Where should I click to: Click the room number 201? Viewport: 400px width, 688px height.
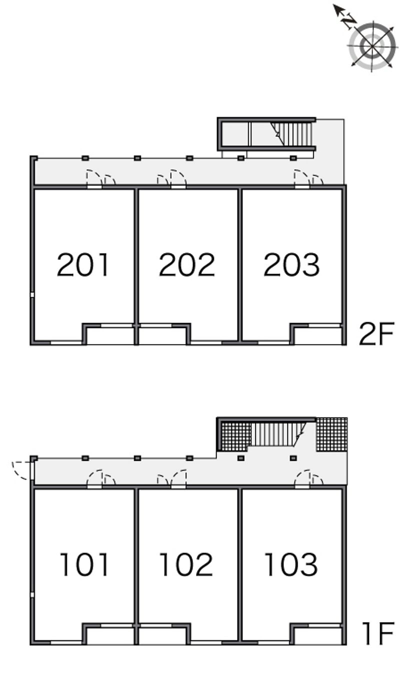pos(83,264)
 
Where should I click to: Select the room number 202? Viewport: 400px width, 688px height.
pos(187,264)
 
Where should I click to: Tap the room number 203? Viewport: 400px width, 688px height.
pos(291,264)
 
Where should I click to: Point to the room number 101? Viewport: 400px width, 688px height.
pos(84,564)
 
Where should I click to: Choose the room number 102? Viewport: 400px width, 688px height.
pos(186,564)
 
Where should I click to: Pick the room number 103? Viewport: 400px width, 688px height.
pos(291,564)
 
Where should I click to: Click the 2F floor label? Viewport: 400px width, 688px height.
pos(376,333)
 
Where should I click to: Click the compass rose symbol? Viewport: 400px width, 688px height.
pos(372,46)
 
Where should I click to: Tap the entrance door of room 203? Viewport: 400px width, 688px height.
pos(302,178)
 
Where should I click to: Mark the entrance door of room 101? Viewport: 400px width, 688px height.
pos(94,478)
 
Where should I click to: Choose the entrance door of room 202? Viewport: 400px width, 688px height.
pos(178,178)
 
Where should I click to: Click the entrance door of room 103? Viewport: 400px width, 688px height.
pos(302,478)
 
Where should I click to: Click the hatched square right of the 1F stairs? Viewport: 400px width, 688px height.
pos(332,434)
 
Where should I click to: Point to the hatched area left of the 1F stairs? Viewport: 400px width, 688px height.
pos(234,436)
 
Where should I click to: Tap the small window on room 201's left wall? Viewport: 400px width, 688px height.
pos(32,295)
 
